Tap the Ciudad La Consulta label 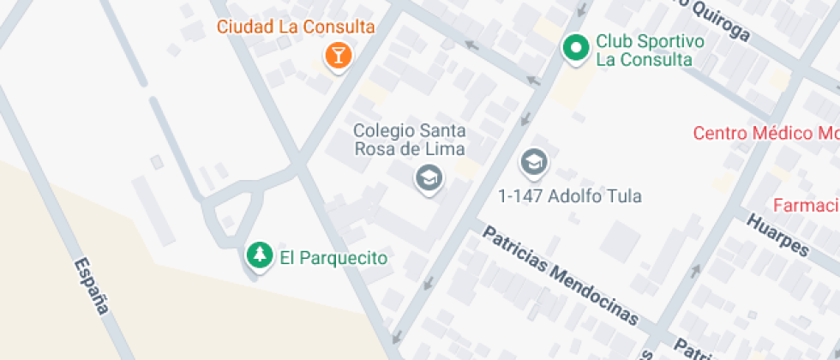click(296, 27)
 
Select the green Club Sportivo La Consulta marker click(575, 48)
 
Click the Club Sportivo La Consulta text click(650, 50)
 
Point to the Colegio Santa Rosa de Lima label click(411, 140)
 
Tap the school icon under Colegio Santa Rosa click(427, 178)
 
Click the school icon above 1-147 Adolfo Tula click(533, 161)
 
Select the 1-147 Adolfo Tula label click(570, 196)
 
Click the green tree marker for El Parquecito click(258, 255)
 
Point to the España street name click(92, 285)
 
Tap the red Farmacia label click(806, 206)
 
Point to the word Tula click(625, 196)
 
